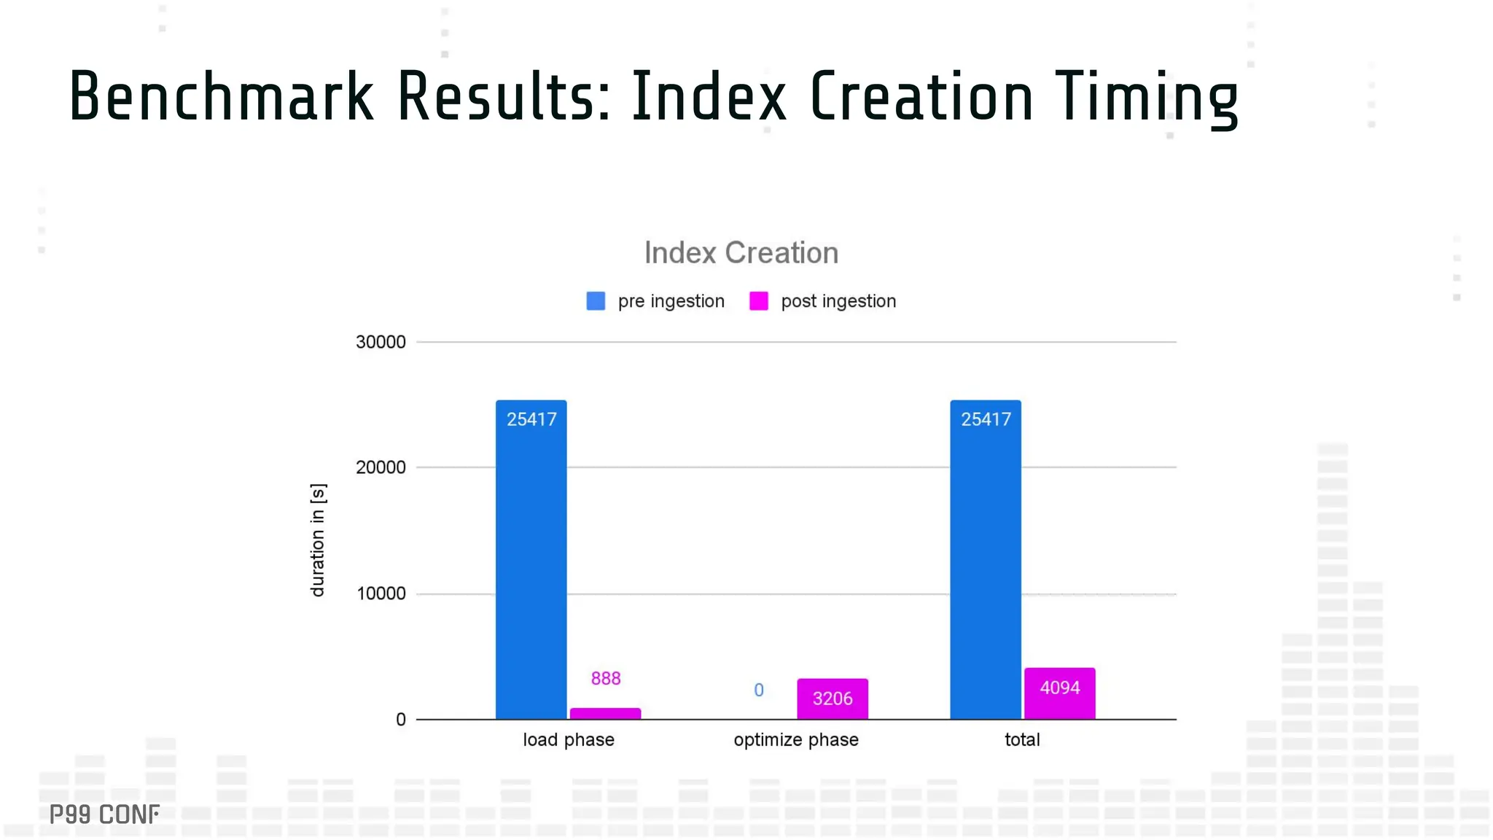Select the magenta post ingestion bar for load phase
click(605, 714)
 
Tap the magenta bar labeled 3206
click(832, 699)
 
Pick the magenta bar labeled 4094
click(1059, 693)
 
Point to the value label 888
click(605, 678)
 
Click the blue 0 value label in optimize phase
click(758, 690)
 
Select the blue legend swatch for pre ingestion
click(596, 301)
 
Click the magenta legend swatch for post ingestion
click(758, 301)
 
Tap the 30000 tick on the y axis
click(381, 342)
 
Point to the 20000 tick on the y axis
click(381, 467)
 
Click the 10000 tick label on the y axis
click(381, 594)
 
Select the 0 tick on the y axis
click(400, 720)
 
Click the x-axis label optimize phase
click(795, 739)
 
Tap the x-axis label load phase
click(568, 739)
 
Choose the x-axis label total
click(1021, 739)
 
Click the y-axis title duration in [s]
click(318, 540)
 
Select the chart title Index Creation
click(741, 253)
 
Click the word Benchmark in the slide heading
click(221, 96)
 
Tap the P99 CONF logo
click(104, 814)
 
